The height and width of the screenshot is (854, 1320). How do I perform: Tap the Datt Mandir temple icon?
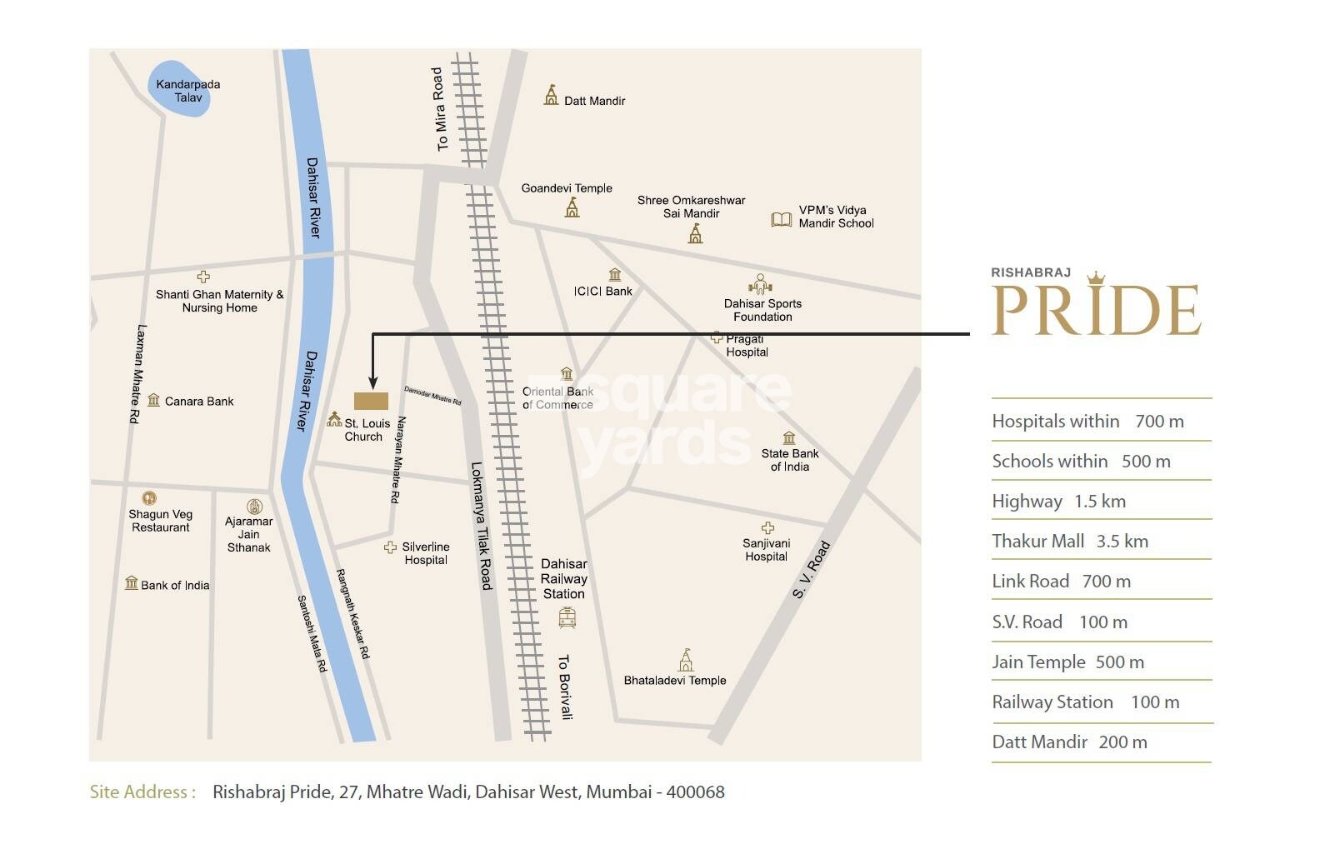[x=551, y=95]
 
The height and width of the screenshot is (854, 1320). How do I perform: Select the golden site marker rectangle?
[x=371, y=402]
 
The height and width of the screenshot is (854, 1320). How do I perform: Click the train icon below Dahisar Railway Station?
[x=567, y=617]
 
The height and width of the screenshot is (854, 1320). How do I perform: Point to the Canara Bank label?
[x=199, y=402]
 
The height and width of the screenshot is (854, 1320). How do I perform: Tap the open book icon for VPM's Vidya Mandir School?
[x=781, y=219]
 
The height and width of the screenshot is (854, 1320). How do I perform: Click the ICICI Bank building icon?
[x=615, y=275]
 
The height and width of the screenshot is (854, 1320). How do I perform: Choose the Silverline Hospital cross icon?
[x=390, y=547]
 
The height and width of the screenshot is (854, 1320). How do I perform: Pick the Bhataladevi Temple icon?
[x=685, y=660]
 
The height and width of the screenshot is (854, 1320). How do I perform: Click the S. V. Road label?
[x=812, y=570]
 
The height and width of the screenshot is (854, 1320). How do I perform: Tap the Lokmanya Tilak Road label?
[x=482, y=526]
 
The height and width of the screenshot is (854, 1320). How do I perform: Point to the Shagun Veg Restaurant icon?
[x=149, y=498]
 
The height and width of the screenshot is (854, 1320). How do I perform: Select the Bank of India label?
[x=175, y=586]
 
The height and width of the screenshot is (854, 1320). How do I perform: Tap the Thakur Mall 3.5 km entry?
[x=1070, y=542]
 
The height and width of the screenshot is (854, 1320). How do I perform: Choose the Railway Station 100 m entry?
[x=1085, y=702]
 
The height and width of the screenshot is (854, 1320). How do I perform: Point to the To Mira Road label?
[x=439, y=109]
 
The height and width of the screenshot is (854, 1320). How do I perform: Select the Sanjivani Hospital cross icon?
[x=767, y=528]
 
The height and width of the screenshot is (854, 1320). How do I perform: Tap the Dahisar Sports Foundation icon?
[x=760, y=284]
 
